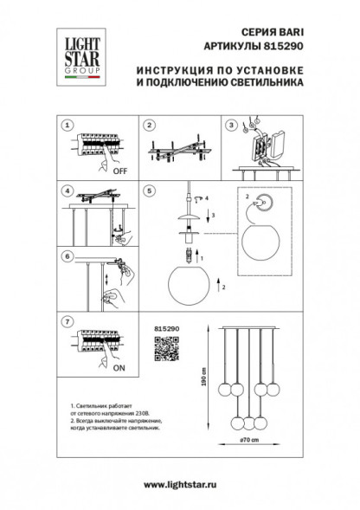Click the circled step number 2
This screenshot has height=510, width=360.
pyautogui.click(x=149, y=125)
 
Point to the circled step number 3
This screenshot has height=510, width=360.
pyautogui.click(x=232, y=125)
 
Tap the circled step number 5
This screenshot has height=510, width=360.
pyautogui.click(x=149, y=190)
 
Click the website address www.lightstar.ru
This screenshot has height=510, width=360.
pyautogui.click(x=179, y=489)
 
